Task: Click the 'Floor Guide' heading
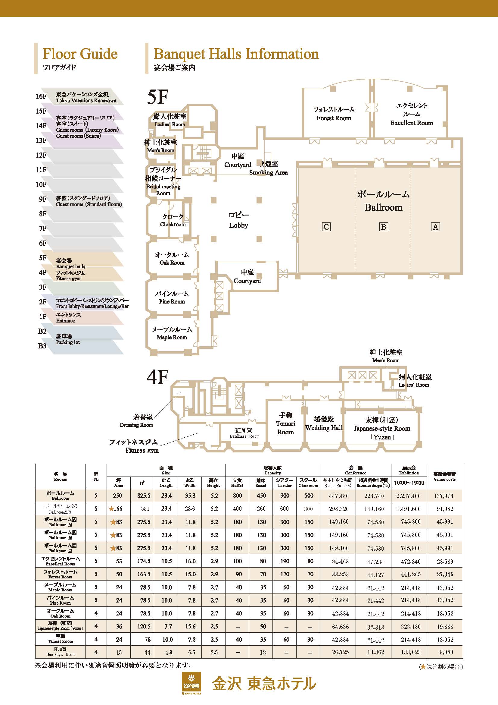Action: click(80, 54)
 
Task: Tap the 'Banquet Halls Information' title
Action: click(236, 54)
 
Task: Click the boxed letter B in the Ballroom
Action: click(383, 227)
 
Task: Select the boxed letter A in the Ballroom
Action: click(435, 227)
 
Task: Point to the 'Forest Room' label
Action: click(334, 118)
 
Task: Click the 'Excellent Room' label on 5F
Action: click(412, 123)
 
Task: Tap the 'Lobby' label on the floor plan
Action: click(238, 225)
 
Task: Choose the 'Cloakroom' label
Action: click(173, 224)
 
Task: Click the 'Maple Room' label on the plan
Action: click(172, 337)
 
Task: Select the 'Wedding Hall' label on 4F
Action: click(324, 428)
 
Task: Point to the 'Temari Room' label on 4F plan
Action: click(285, 424)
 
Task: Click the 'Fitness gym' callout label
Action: click(142, 450)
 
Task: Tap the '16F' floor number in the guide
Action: click(41, 96)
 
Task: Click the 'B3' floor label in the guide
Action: click(42, 346)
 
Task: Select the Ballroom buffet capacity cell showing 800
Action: click(237, 496)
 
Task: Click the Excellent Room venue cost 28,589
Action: click(445, 561)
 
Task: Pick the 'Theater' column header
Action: click(284, 483)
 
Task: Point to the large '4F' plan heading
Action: click(157, 377)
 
